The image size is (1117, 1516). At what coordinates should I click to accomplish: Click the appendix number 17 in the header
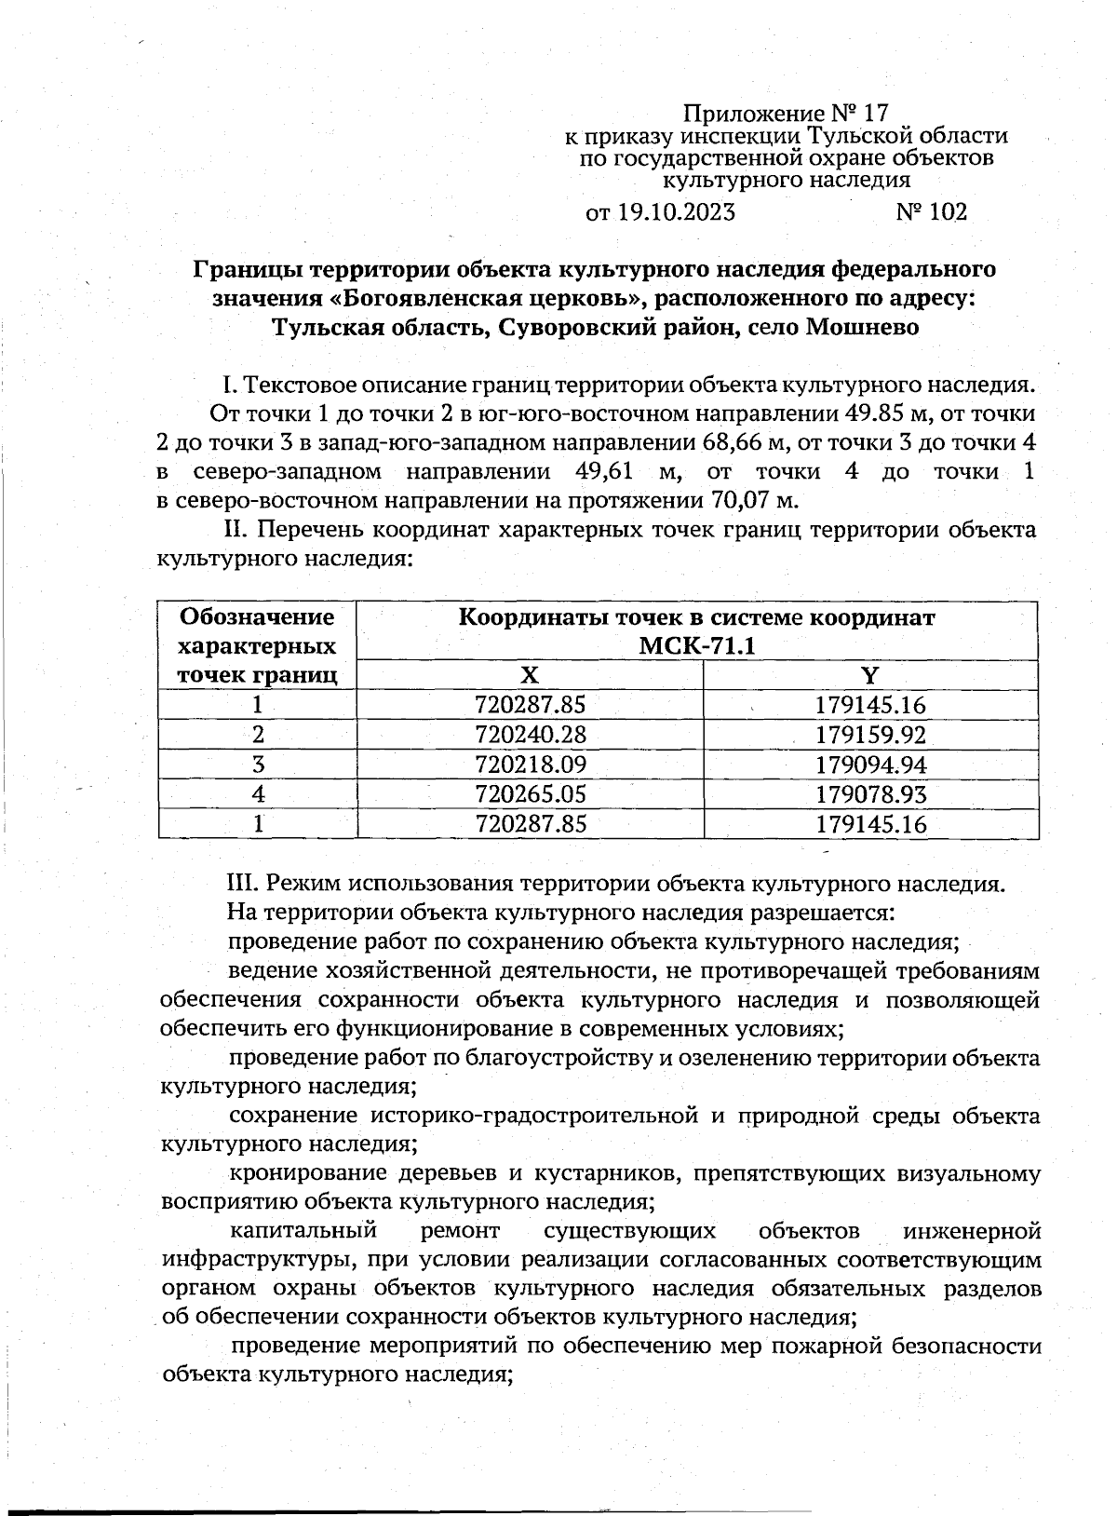point(876,115)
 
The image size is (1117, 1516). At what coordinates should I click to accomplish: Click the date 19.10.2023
point(675,212)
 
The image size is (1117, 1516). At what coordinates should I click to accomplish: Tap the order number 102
point(947,212)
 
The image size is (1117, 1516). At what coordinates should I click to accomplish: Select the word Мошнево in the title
point(863,328)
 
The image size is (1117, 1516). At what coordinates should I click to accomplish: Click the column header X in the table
point(529,675)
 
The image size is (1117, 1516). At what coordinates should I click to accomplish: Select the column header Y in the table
point(870,675)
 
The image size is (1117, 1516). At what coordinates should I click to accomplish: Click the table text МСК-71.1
point(697,646)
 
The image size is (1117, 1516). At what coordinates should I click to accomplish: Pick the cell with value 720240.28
point(531,735)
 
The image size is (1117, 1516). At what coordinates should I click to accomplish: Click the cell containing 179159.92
point(870,735)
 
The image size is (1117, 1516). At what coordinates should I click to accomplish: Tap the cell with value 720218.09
point(531,765)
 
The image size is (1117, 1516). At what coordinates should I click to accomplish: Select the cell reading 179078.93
point(870,794)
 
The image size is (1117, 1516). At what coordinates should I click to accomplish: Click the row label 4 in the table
point(258,794)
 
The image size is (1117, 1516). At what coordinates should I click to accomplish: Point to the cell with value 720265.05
point(531,794)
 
